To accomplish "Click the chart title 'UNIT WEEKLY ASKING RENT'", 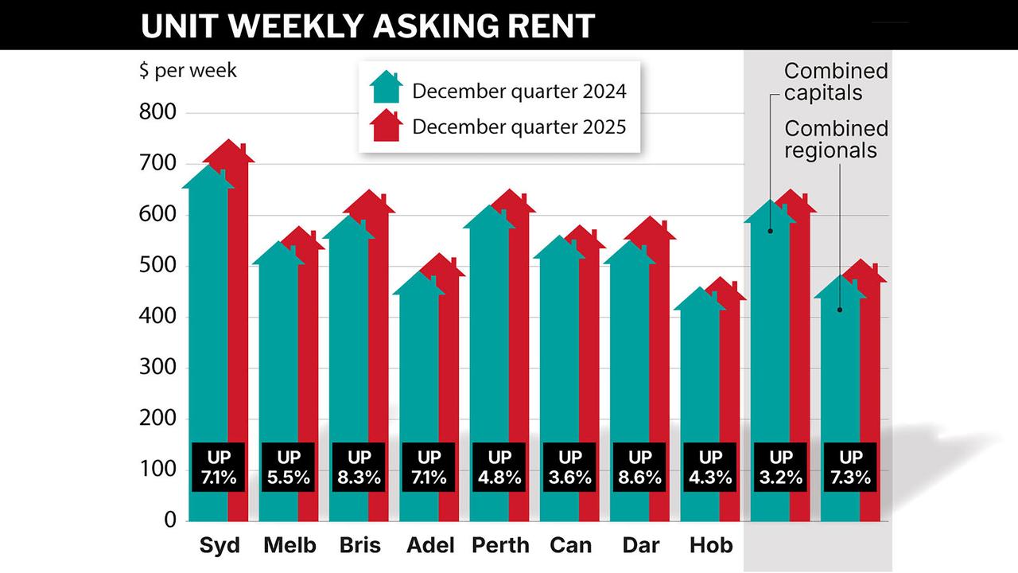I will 367,25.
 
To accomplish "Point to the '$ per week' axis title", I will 188,70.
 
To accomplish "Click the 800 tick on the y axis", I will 157,113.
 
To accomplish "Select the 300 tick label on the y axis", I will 157,368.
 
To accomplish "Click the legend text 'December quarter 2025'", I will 519,127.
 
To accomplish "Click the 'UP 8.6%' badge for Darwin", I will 639,468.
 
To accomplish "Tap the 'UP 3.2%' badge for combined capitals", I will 780,468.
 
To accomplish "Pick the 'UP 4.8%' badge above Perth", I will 499,468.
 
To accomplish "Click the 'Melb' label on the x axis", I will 289,546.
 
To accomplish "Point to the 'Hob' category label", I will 710,546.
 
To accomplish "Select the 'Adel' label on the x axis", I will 429,546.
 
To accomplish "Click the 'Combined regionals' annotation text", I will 836,139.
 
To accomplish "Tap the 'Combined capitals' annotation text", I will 836,82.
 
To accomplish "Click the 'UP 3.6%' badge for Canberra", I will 569,468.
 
